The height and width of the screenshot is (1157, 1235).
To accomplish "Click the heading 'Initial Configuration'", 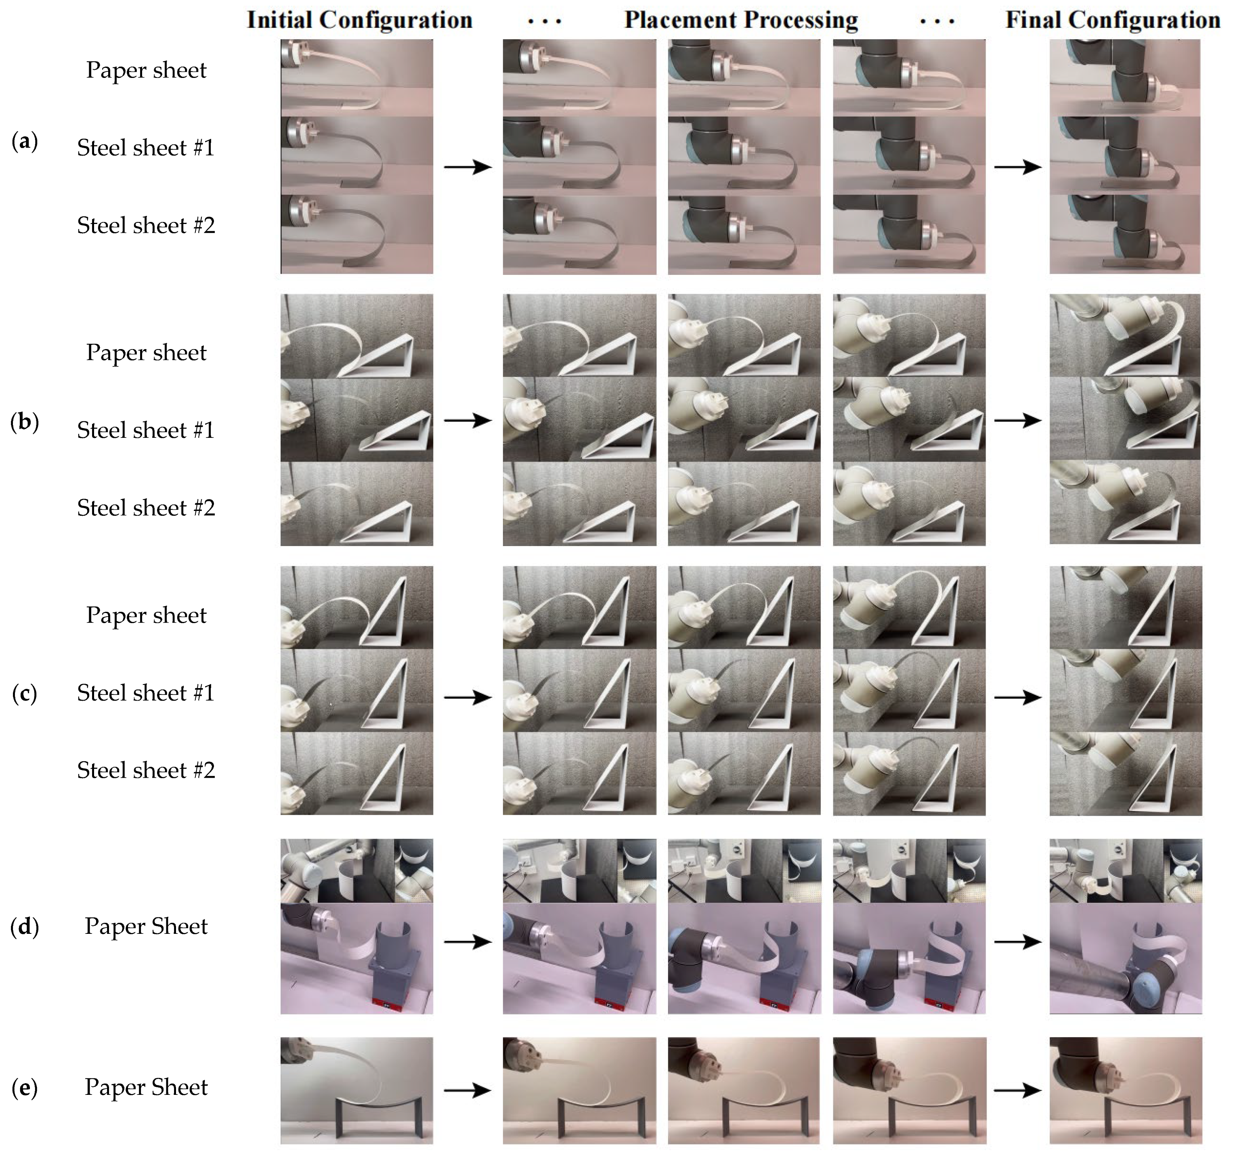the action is [x=360, y=21].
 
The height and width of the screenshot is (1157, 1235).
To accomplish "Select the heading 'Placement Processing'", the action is [x=741, y=21].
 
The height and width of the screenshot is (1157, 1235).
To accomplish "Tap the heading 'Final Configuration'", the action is [x=1113, y=21].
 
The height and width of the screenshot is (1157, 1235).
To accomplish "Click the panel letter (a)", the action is [x=25, y=142].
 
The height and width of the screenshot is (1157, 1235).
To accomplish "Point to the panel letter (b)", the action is [x=25, y=422].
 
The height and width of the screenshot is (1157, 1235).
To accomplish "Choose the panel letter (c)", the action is [x=25, y=693].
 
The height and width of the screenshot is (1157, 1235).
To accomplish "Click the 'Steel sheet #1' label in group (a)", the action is [x=146, y=148].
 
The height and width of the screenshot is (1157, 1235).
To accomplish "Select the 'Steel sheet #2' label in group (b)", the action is [x=146, y=508].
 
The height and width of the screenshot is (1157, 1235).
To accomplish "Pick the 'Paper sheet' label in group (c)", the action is [x=146, y=615].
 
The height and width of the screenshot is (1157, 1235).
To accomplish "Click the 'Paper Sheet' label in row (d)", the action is [x=146, y=927].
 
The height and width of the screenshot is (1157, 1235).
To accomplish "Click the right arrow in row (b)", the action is [x=1017, y=421].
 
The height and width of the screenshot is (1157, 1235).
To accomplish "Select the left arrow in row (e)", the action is [x=468, y=1090].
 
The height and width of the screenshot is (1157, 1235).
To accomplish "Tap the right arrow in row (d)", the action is [x=1017, y=942].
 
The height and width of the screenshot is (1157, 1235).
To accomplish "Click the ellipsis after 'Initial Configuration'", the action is [x=545, y=22].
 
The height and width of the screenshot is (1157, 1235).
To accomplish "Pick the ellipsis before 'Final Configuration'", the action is [x=937, y=22].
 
